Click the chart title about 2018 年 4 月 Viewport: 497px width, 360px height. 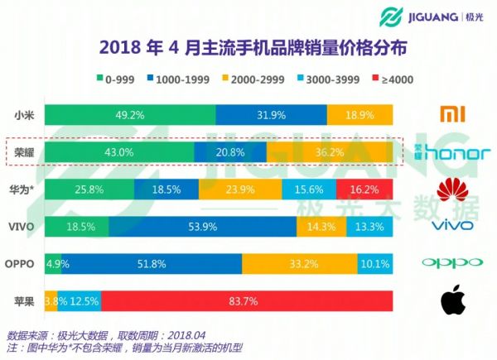click(248, 47)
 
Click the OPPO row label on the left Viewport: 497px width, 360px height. click(22, 264)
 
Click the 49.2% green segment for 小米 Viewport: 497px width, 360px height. click(129, 115)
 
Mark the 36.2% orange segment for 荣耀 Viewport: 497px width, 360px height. click(330, 152)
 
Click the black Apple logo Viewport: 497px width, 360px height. click(451, 299)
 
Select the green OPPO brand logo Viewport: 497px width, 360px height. click(451, 264)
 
